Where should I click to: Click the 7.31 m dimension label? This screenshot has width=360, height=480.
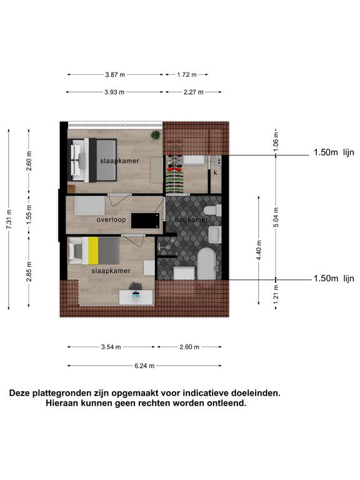click(x=9, y=219)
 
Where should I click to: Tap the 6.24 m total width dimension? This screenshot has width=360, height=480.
click(x=144, y=366)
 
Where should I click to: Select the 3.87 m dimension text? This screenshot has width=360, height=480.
click(x=115, y=75)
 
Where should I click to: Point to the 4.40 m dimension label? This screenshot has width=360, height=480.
click(x=259, y=251)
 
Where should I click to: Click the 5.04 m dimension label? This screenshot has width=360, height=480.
click(x=276, y=217)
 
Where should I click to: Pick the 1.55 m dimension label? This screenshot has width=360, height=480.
click(x=29, y=214)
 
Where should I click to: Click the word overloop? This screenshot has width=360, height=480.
click(x=111, y=220)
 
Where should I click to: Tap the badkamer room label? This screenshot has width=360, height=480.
click(x=191, y=219)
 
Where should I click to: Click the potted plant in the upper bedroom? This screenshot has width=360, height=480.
click(x=156, y=135)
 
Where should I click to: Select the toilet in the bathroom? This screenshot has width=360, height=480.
click(x=212, y=211)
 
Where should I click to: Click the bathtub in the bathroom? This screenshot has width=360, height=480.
click(x=206, y=264)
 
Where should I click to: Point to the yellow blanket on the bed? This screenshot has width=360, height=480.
click(x=93, y=251)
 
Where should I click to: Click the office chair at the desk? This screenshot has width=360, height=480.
click(x=136, y=286)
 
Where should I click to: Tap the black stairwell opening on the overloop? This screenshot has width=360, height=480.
click(x=146, y=221)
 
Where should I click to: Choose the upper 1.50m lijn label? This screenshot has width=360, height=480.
click(x=334, y=152)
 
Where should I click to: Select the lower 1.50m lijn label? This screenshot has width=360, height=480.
click(x=334, y=279)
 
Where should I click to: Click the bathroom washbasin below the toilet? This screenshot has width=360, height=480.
click(x=215, y=235)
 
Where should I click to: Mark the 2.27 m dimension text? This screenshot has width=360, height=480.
click(x=194, y=92)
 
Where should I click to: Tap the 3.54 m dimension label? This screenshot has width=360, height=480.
click(x=111, y=347)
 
